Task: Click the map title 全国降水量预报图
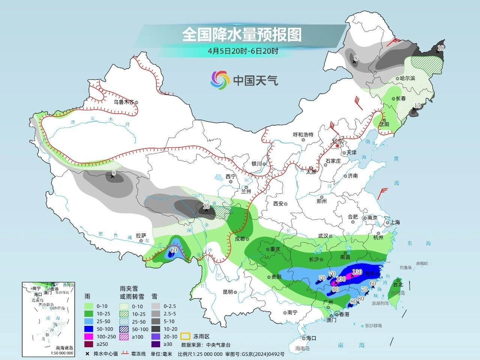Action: (242, 35)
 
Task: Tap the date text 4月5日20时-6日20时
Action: (243, 51)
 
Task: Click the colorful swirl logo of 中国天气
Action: (220, 80)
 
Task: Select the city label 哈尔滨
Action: (408, 78)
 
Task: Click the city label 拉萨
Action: (141, 235)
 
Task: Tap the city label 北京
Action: (337, 141)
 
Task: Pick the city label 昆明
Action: (228, 292)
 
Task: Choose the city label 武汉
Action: (323, 236)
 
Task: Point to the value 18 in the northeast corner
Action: (441, 48)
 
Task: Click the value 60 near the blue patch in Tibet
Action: (174, 250)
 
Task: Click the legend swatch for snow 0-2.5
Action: (157, 306)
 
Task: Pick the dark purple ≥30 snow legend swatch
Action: (157, 344)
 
